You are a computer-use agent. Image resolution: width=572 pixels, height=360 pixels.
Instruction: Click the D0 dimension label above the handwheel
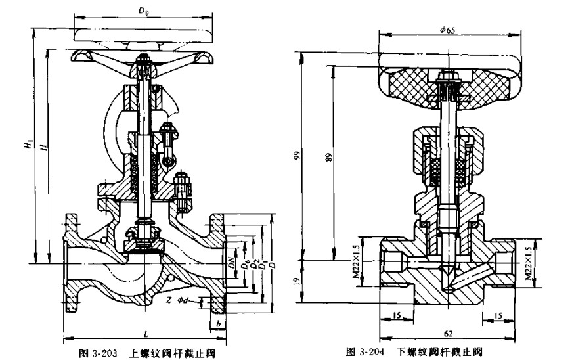[142, 11]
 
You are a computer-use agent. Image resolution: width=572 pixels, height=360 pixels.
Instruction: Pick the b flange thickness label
[217, 323]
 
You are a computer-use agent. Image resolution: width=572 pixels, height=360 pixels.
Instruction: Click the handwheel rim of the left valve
[143, 31]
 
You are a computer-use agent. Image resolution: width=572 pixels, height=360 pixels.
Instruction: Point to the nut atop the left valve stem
[143, 64]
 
